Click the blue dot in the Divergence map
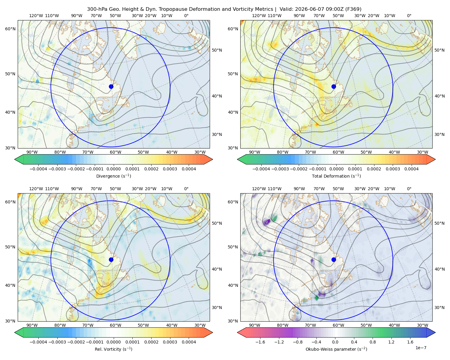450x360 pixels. tap(111, 86)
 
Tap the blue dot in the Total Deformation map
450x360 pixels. tap(334, 86)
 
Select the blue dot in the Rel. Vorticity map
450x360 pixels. tap(111, 259)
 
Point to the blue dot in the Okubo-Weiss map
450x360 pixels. tap(334, 259)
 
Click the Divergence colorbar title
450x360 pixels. tap(113, 176)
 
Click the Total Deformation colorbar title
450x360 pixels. tap(336, 176)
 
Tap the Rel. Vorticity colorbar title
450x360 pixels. tap(113, 349)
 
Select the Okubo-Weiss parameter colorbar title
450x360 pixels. tap(336, 349)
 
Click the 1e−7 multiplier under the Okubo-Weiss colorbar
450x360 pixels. tap(421, 348)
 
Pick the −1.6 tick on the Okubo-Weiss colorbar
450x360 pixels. tap(260, 342)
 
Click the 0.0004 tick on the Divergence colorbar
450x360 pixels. tap(189, 169)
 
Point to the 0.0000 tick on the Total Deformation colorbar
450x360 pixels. tap(336, 169)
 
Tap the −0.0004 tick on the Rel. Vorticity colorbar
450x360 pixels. tap(38, 342)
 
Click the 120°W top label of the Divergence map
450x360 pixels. tap(36, 16)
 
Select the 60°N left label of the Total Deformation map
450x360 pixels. tap(233, 29)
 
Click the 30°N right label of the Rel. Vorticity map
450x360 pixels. tap(217, 307)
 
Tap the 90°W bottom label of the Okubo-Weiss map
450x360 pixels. tap(254, 325)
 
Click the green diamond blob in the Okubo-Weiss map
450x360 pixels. tap(316, 298)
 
